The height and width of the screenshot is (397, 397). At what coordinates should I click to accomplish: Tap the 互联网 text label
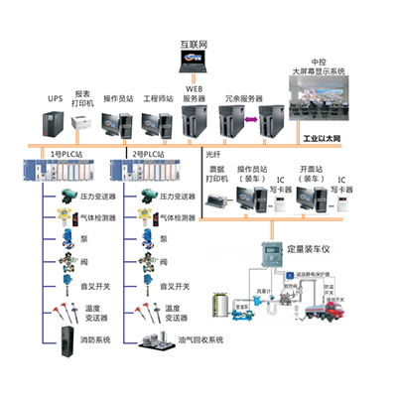(195, 45)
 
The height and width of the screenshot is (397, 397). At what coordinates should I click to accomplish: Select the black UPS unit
(56, 124)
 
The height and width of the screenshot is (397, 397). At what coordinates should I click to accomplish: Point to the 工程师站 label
(158, 100)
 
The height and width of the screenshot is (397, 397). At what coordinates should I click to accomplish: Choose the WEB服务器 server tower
(193, 124)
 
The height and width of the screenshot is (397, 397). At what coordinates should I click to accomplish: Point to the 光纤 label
(211, 156)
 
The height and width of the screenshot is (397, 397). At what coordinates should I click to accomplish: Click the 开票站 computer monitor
(320, 198)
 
